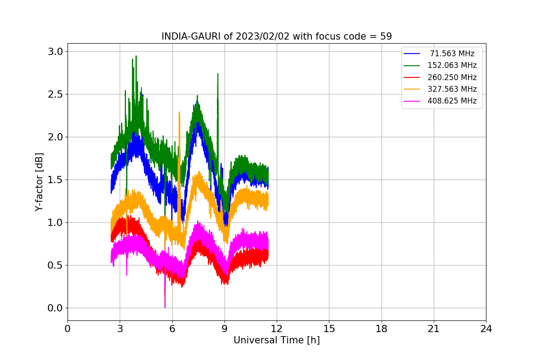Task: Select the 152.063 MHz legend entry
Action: (x=440, y=65)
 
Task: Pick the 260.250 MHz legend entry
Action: (x=440, y=77)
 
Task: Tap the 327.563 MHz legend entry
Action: (x=440, y=89)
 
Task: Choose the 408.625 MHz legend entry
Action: (x=440, y=101)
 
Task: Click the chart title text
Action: (x=277, y=36)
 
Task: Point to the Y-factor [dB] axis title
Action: (x=39, y=182)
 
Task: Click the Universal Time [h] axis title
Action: (x=277, y=340)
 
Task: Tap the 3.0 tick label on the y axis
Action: (x=55, y=52)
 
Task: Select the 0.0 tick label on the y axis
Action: (x=55, y=308)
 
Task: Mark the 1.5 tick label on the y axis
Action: (x=55, y=180)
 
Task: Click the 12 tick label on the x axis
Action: (x=277, y=328)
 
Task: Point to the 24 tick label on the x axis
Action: (x=486, y=328)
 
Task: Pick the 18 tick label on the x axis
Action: (x=382, y=328)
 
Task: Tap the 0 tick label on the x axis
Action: (x=67, y=328)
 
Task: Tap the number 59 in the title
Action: (x=386, y=36)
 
